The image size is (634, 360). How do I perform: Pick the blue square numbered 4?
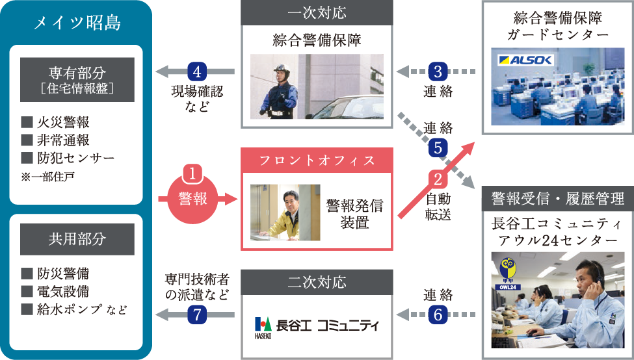pyautogui.click(x=196, y=70)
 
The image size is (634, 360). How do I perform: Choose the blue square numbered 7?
pyautogui.click(x=196, y=315)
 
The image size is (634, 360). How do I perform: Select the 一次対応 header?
pyautogui.click(x=317, y=13)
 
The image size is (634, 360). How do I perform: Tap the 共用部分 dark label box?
pyautogui.click(x=77, y=239)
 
